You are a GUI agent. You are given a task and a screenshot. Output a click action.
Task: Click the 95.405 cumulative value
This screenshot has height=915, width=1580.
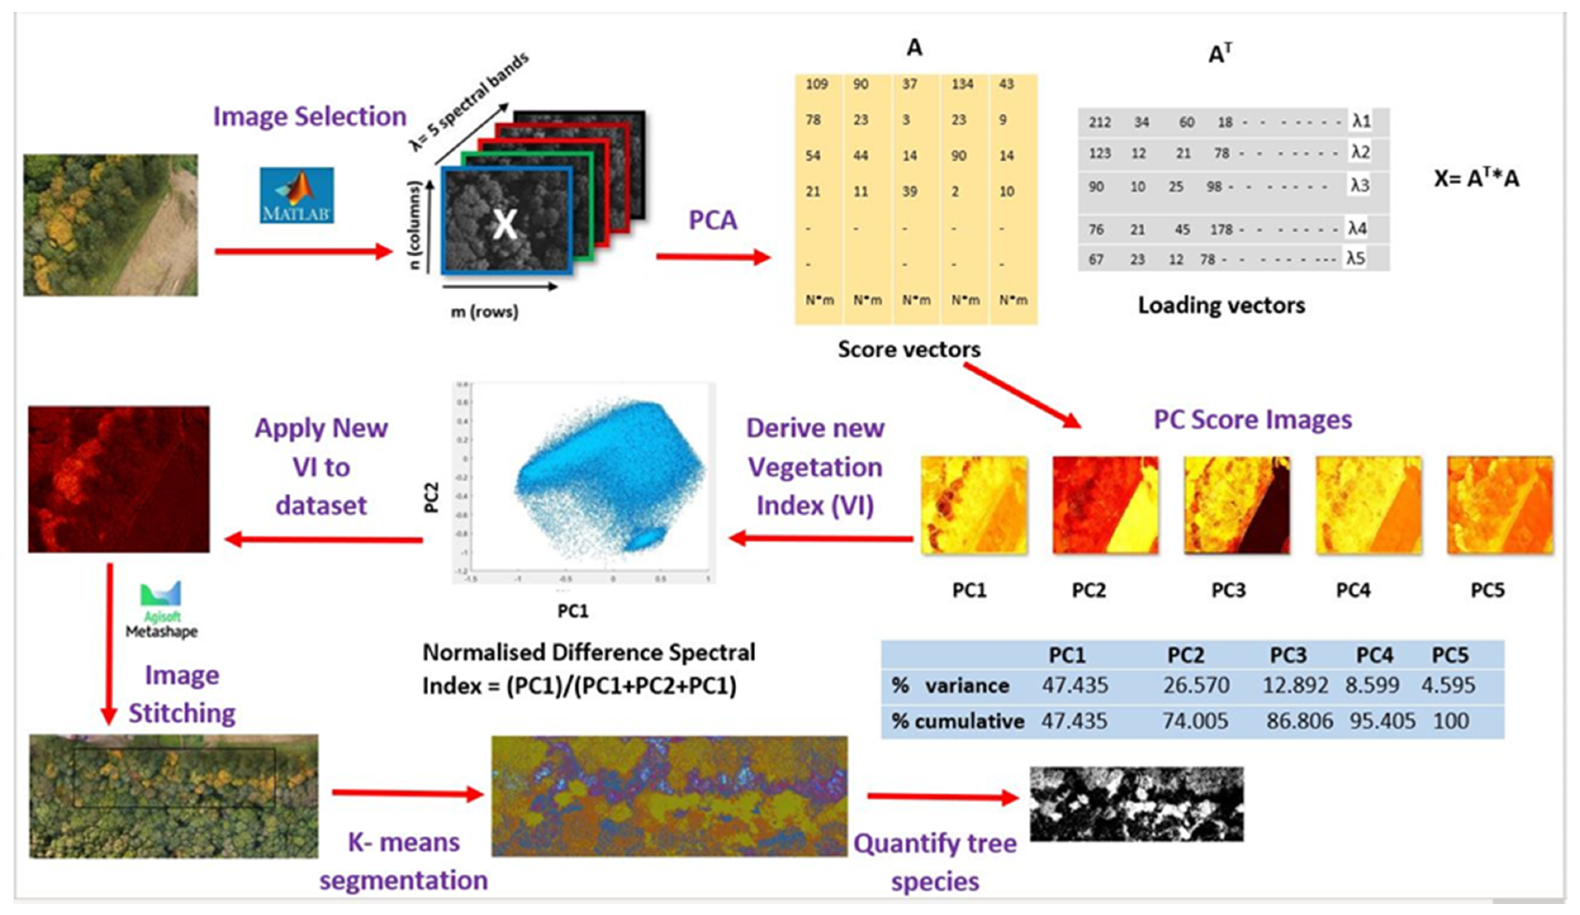point(1382,720)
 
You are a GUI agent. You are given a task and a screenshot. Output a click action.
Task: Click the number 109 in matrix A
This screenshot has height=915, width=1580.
point(816,84)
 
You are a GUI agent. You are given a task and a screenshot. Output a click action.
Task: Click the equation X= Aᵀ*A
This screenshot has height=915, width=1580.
point(1476,179)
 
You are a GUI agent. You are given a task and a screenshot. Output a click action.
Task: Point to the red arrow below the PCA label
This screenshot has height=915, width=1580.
point(713,257)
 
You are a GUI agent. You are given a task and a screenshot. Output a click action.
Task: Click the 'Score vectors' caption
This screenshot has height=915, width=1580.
point(909,349)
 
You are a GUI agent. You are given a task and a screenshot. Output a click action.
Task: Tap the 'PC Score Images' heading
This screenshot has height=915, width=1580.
point(1252,420)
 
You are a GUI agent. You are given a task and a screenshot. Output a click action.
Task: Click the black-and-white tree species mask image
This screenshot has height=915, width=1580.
point(1136,803)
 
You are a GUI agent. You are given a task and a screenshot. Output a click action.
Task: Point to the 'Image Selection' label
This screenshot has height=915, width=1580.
point(310,116)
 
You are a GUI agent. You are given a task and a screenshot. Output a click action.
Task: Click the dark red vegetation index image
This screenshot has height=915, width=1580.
point(119,479)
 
